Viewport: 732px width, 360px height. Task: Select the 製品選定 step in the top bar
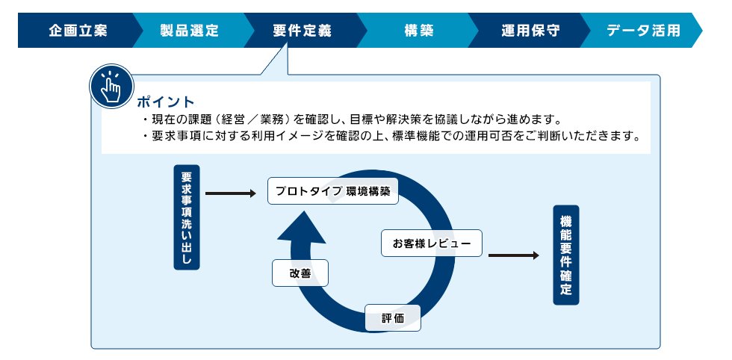pos(189,31)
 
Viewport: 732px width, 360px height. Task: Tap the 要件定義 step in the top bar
pos(302,31)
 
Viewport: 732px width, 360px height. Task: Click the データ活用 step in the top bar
pos(643,31)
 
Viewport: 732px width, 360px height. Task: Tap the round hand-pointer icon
pos(110,88)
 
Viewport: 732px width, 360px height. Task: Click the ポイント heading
pos(165,102)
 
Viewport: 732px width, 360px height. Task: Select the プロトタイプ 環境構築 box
pos(332,191)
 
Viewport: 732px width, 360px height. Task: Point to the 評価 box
pos(392,318)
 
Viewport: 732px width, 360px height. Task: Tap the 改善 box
pos(300,273)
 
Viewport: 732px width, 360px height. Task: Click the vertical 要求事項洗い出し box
pos(186,217)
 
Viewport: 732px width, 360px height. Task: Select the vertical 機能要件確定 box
pos(565,255)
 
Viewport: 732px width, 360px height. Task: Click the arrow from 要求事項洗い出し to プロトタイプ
pos(230,193)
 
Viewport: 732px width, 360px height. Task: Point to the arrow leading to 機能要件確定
pos(513,255)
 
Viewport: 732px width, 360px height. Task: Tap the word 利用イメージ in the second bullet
pos(286,137)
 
